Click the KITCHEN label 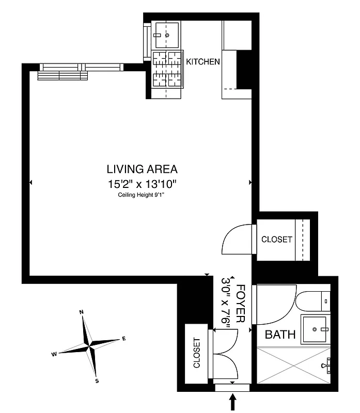203,62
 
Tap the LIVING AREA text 142,169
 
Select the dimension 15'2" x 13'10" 142,183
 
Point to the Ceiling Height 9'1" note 142,195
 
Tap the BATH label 280,335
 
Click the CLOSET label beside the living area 276,240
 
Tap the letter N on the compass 82,312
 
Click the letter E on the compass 123,338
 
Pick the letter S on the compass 97,381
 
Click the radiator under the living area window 62,75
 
